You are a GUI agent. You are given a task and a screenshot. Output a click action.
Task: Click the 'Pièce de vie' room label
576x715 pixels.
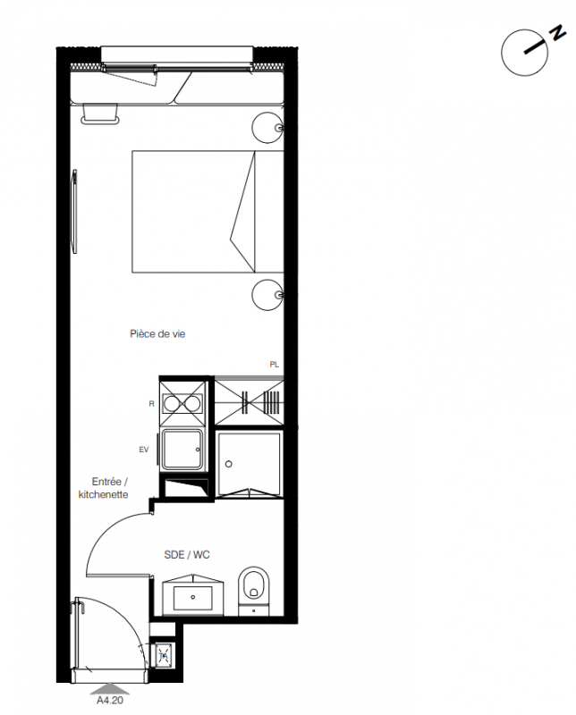pos(157,333)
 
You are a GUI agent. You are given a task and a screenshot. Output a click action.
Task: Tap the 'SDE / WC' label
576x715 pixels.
pos(187,554)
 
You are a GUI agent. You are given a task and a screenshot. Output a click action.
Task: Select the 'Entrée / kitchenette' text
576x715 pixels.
pos(103,488)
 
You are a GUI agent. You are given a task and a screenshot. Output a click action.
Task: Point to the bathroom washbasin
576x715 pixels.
pos(193,595)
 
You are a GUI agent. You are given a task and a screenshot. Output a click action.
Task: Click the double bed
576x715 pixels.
pos(208,212)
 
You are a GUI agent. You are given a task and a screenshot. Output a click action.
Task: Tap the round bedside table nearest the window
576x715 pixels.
pos(268,128)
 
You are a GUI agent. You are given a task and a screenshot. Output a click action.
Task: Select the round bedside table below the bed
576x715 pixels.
pos(268,295)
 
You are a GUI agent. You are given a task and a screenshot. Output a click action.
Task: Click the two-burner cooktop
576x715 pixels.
pos(182,404)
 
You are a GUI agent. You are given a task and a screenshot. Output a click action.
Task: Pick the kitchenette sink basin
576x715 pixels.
pos(182,450)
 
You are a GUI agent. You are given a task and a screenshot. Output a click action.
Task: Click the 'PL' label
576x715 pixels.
pos(274,365)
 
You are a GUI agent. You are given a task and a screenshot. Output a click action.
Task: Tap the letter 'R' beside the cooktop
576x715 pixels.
pos(152,404)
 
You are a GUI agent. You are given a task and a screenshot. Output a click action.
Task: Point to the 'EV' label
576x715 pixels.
pos(144,450)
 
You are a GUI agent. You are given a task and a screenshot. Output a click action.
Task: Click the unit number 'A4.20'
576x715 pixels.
pos(110,700)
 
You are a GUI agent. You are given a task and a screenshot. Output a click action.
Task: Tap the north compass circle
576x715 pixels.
pos(524,53)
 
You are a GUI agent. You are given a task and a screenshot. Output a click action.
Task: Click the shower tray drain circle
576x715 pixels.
pos(229,464)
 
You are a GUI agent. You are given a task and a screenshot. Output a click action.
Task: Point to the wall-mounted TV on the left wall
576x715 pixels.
pos(74,211)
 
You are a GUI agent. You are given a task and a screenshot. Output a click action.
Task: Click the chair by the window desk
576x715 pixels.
pos(100,114)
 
